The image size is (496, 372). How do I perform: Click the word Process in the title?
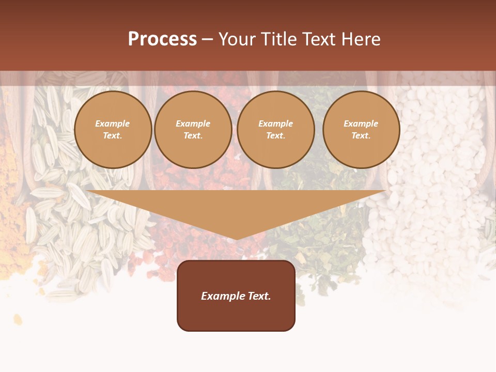click(x=162, y=39)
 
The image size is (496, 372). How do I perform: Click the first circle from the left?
click(x=113, y=129)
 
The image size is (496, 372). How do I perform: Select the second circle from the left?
click(x=193, y=129)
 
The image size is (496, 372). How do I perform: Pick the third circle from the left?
click(x=276, y=129)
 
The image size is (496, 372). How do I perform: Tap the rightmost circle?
click(x=361, y=129)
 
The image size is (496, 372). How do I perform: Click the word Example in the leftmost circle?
click(x=113, y=123)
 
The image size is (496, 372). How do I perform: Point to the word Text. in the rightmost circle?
click(x=361, y=135)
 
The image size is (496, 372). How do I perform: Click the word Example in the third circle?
click(x=276, y=123)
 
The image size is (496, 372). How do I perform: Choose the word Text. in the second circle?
click(x=193, y=135)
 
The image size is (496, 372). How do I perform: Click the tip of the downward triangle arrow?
click(x=236, y=239)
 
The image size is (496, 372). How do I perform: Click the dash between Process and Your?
click(x=207, y=40)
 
